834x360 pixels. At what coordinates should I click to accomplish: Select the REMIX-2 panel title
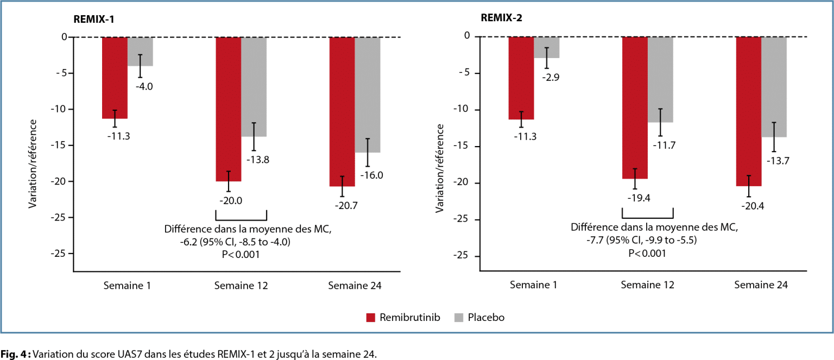pyautogui.click(x=501, y=17)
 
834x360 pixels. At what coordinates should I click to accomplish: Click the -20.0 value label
pyautogui.click(x=231, y=200)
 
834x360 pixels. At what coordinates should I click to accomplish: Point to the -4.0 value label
pyautogui.click(x=144, y=86)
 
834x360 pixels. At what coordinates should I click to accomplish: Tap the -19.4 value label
pyautogui.click(x=635, y=198)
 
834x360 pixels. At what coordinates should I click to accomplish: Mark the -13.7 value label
pyautogui.click(x=777, y=161)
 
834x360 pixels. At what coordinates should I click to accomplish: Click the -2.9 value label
pyautogui.click(x=551, y=77)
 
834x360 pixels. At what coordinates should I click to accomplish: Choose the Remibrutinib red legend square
pyautogui.click(x=371, y=317)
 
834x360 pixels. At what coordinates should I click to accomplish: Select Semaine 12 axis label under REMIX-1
pyautogui.click(x=241, y=286)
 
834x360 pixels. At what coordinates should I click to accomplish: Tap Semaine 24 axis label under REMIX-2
pyautogui.click(x=761, y=285)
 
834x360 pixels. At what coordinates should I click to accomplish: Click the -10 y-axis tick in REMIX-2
pyautogui.click(x=465, y=110)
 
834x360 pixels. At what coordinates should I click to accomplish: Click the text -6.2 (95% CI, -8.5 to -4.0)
pyautogui.click(x=235, y=241)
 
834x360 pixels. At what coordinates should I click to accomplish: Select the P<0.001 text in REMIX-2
pyautogui.click(x=647, y=252)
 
